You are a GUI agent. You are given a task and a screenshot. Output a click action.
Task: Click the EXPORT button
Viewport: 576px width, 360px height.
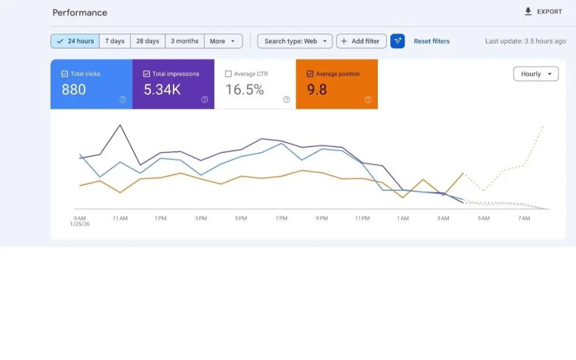[543, 12]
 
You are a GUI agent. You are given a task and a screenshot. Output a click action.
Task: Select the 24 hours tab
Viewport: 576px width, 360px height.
[75, 41]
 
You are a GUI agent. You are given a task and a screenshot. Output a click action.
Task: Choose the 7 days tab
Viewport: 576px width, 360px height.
[115, 41]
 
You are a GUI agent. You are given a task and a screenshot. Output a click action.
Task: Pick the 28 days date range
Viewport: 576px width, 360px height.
[147, 41]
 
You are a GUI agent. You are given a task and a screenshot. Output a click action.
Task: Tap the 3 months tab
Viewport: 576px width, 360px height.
[184, 41]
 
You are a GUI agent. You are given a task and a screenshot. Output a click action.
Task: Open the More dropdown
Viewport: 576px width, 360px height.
[223, 41]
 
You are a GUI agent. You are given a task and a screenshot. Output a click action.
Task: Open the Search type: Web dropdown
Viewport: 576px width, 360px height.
[295, 41]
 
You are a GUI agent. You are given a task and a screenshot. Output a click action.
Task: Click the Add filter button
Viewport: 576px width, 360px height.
[361, 41]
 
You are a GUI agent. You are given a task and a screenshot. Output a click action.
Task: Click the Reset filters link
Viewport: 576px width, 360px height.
[432, 41]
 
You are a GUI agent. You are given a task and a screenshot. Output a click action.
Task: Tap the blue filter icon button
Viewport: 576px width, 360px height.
[397, 41]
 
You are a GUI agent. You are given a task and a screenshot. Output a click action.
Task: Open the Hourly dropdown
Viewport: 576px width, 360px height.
[536, 74]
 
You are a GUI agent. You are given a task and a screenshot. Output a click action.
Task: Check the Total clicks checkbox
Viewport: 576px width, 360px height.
[65, 74]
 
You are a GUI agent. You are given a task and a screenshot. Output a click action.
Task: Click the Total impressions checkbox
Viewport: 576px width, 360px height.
[146, 74]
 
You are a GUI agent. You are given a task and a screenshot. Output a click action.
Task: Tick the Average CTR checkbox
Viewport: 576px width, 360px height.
[228, 74]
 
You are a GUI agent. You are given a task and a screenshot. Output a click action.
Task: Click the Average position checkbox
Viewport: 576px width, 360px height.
[310, 74]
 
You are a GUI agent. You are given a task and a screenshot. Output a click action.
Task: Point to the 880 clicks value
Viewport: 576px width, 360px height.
[74, 90]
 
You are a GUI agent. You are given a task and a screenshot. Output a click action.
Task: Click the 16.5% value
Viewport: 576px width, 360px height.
[244, 90]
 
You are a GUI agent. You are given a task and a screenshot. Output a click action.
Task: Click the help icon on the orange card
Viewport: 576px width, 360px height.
[368, 99]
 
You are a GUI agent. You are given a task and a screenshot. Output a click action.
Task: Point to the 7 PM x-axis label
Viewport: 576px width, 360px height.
[281, 218]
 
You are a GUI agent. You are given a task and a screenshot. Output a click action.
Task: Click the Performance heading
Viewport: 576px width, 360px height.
[80, 12]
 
